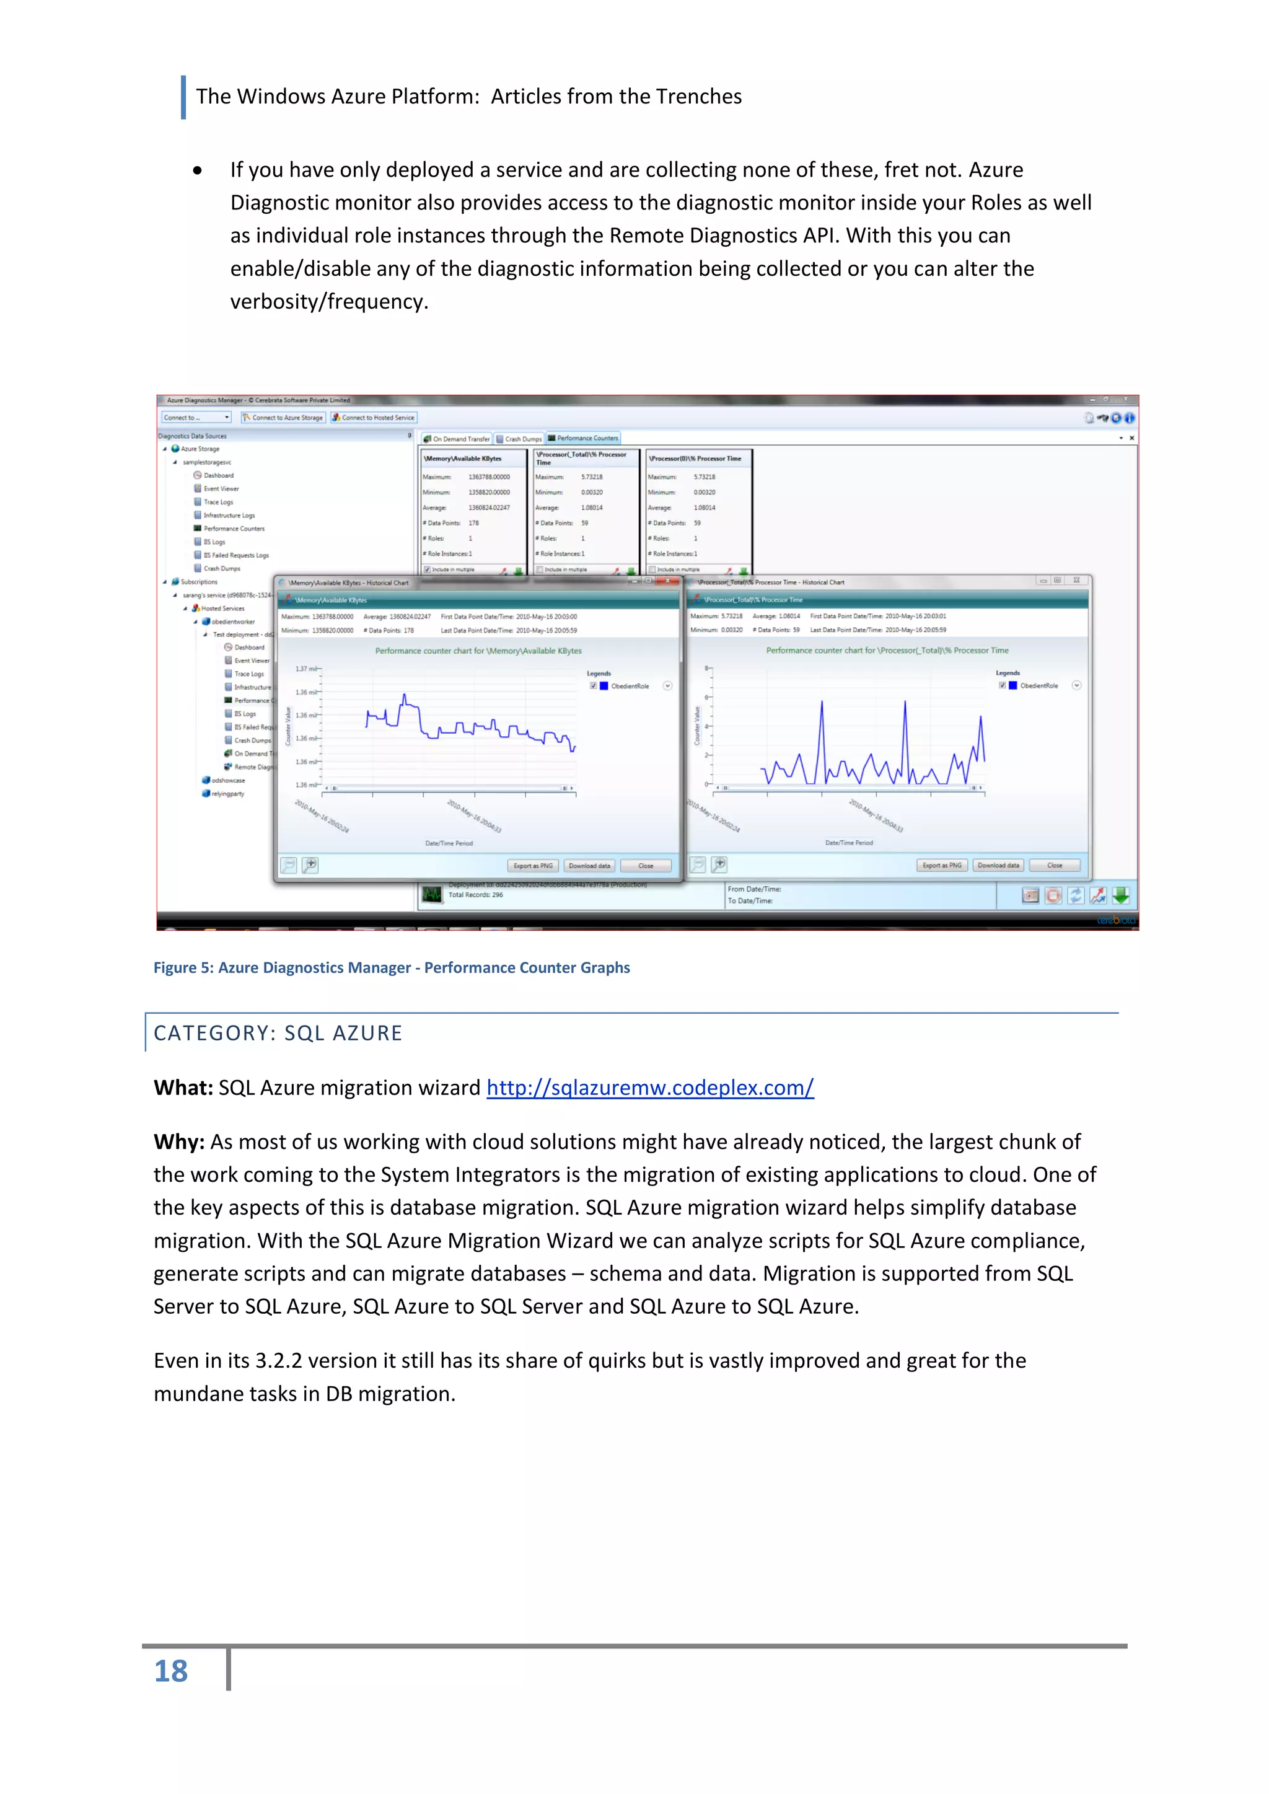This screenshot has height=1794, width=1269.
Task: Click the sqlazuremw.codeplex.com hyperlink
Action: (x=649, y=1088)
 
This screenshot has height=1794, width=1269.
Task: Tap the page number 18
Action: (x=170, y=1671)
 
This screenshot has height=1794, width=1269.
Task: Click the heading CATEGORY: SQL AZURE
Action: (x=278, y=1033)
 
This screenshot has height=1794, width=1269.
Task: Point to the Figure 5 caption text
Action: (x=392, y=967)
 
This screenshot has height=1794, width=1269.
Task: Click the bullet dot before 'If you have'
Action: (x=198, y=170)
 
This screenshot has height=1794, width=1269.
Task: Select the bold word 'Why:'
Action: (x=179, y=1141)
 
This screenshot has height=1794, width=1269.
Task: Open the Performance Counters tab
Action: (x=583, y=438)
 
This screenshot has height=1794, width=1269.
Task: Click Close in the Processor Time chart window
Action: (x=1054, y=865)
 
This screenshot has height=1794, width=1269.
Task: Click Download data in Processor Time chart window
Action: (x=998, y=865)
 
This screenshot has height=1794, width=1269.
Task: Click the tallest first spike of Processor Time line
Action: (x=821, y=703)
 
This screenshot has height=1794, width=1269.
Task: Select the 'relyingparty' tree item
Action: (x=227, y=793)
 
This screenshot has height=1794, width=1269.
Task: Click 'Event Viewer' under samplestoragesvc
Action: (x=221, y=488)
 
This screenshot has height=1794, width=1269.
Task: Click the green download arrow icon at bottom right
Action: (x=1120, y=895)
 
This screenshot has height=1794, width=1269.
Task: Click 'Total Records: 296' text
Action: (x=475, y=895)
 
